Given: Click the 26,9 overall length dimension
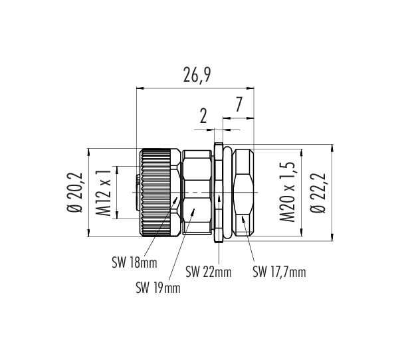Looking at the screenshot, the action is tap(197, 75).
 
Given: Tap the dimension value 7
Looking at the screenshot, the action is tap(239, 105).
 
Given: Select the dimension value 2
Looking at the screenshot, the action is tap(203, 117).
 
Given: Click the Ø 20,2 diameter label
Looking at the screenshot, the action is tap(75, 193).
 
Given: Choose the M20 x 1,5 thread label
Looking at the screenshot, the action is tap(288, 191).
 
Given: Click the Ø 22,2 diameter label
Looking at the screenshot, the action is tap(318, 193).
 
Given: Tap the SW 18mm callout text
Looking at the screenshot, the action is tap(134, 262).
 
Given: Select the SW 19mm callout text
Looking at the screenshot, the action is tap(158, 288).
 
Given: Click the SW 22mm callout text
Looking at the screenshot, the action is tap(209, 272).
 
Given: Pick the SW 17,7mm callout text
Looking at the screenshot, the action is tap(279, 272).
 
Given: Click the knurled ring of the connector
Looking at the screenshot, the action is tap(156, 193).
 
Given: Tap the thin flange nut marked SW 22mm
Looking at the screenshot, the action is tap(219, 193).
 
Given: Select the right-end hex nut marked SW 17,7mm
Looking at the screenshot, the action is tap(244, 193).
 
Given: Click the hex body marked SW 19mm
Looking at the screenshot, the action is tap(197, 193).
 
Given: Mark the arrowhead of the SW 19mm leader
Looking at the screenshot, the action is tap(194, 210).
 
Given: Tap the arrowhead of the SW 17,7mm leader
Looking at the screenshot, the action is tap(243, 217).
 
